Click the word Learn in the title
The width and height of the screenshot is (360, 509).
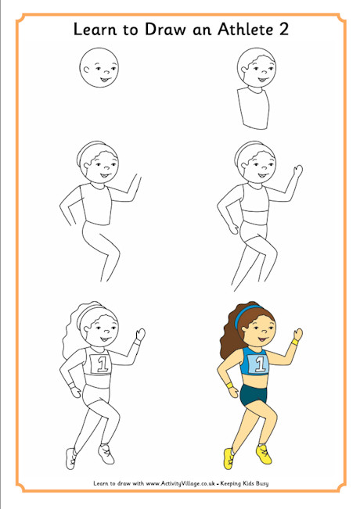[94, 30]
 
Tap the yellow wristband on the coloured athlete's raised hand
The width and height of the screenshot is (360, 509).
[295, 341]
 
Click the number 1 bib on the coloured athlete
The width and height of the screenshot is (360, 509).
[260, 363]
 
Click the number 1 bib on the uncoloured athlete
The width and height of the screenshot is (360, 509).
[99, 363]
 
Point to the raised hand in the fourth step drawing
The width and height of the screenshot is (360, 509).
[297, 171]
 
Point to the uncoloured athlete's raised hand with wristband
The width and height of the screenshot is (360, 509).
[139, 336]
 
